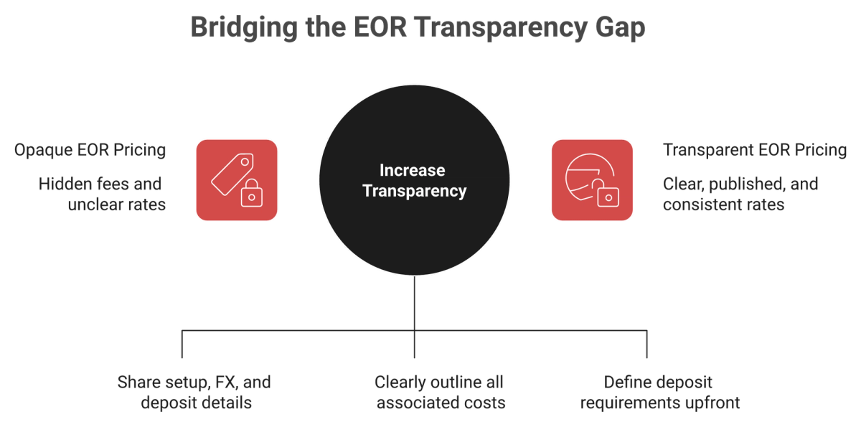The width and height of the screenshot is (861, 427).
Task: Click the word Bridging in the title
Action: point(244,28)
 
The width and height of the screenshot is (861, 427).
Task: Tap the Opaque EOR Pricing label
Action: point(90,150)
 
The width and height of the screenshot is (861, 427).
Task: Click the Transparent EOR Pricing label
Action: point(755,150)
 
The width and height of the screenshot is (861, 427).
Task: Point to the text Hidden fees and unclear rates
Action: point(102,194)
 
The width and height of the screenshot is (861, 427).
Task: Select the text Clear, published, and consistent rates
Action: point(740,194)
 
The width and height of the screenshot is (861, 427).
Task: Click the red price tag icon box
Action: point(237,180)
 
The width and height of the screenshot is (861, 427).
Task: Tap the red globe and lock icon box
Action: point(592,180)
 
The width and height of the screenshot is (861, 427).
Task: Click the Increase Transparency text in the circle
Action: point(414,180)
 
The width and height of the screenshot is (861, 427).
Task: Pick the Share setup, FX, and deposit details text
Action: point(194,393)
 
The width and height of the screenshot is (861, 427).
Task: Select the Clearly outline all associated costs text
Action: point(440,393)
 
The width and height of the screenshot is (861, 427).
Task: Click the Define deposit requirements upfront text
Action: point(659,393)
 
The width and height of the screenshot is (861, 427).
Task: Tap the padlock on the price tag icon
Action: point(252,193)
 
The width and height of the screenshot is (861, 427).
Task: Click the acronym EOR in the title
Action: point(380,28)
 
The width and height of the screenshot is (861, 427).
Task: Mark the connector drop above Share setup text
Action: point(182,344)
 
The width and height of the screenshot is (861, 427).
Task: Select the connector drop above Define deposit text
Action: point(647,344)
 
